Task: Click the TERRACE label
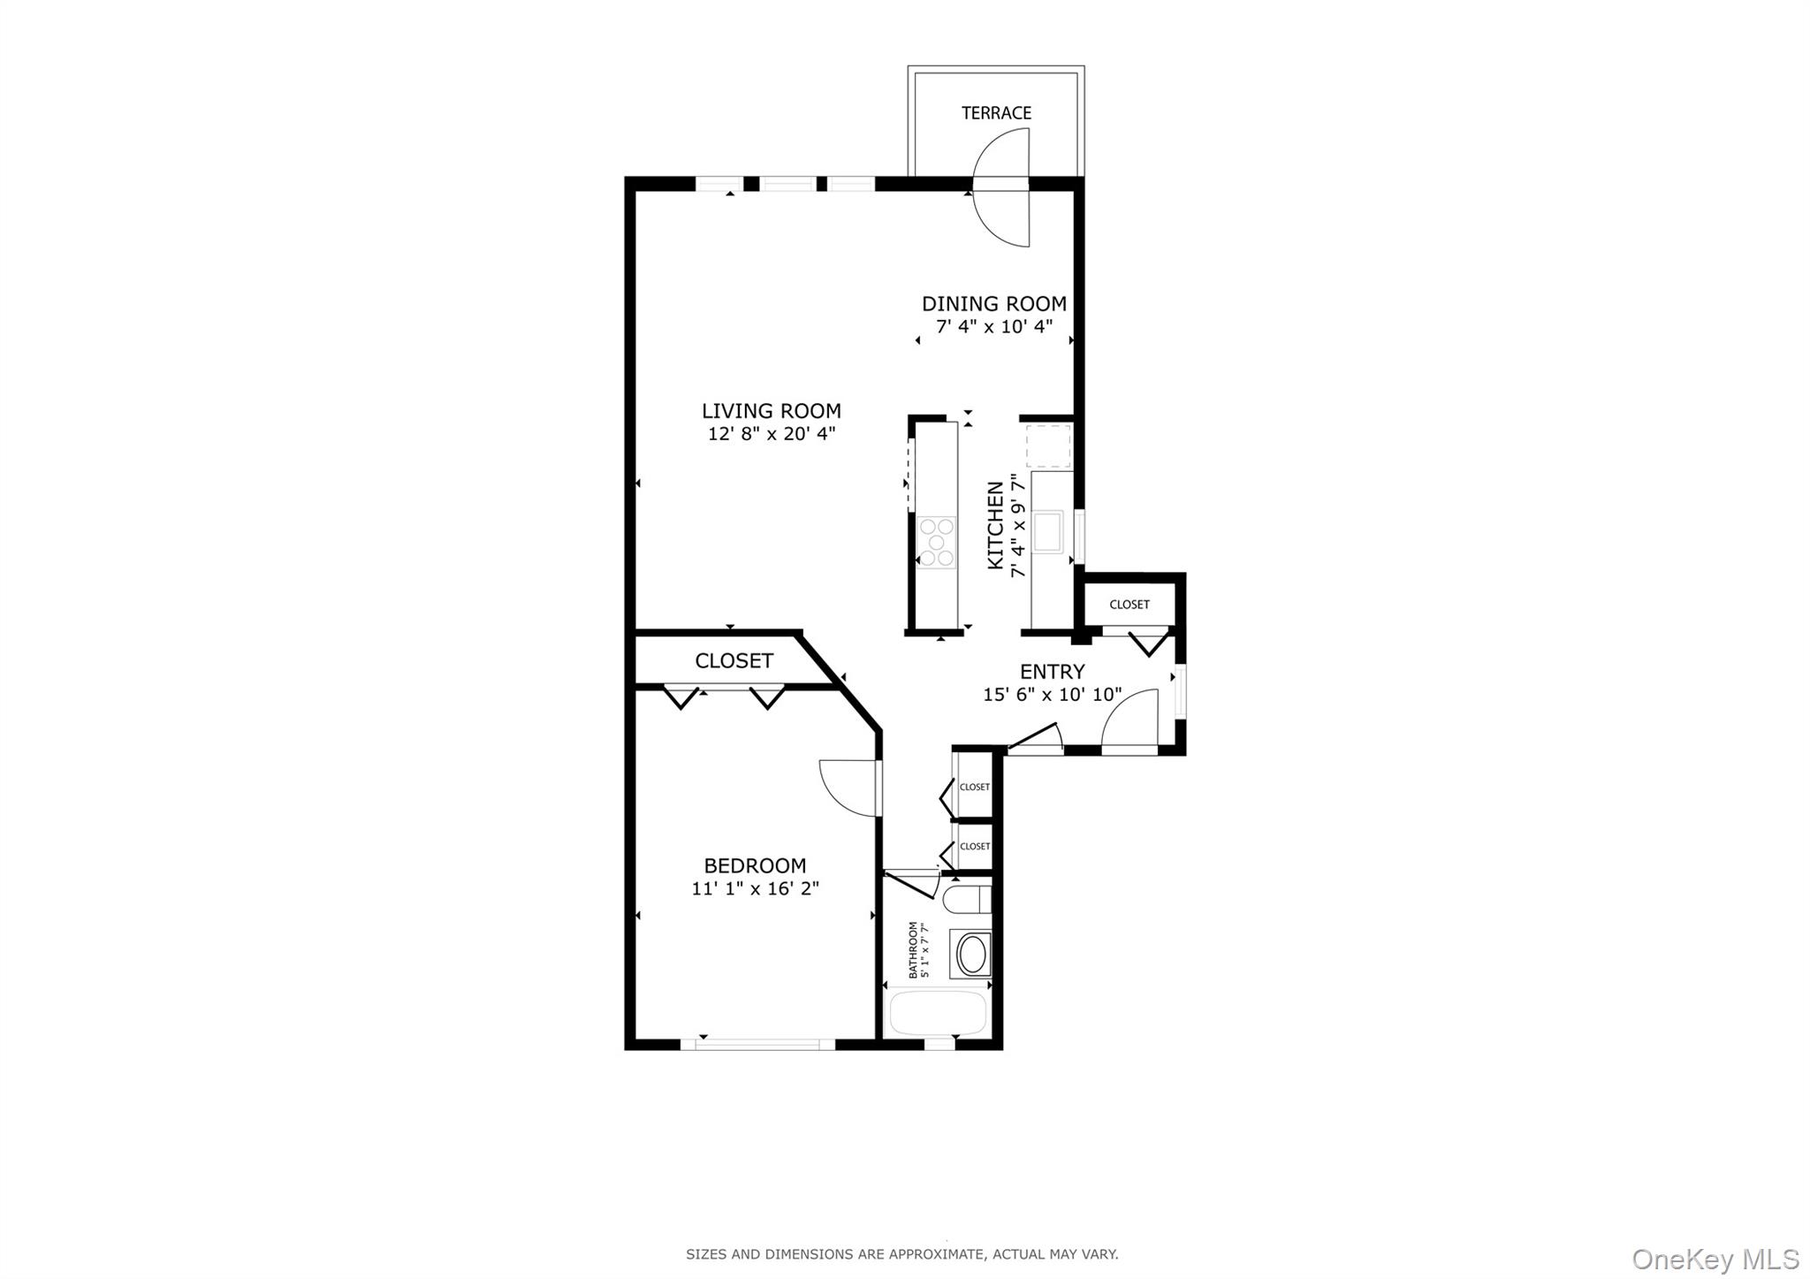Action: [996, 113]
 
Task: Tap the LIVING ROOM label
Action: [771, 411]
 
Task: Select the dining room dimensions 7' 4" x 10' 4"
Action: [994, 327]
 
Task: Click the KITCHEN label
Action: [996, 525]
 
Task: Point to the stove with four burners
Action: [936, 542]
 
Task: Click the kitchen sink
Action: [1048, 531]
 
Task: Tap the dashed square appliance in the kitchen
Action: [1048, 446]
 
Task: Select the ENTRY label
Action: [1052, 672]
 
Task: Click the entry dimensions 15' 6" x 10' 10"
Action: [1052, 695]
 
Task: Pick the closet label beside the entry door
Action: [1129, 605]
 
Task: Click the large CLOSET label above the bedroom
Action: [734, 661]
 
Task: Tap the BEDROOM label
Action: [755, 866]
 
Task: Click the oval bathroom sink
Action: [972, 955]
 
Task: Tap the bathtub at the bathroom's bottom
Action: [938, 1013]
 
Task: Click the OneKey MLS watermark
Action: [1715, 1259]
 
